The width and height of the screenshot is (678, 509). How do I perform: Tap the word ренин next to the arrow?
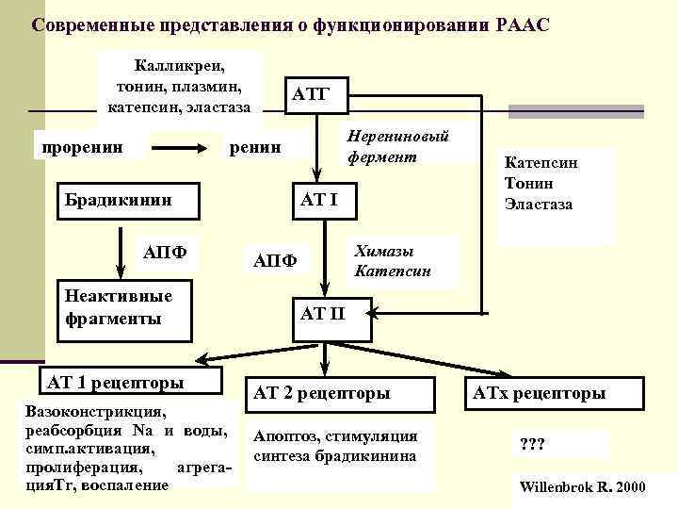click(255, 147)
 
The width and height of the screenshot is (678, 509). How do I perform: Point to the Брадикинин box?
click(116, 199)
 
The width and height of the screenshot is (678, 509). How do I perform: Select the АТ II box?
click(323, 313)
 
